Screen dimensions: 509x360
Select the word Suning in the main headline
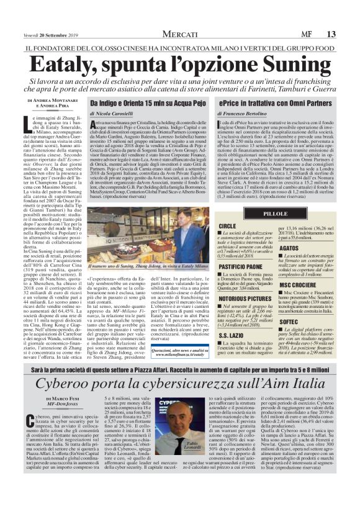coord(289,64)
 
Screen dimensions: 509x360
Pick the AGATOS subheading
coord(289,247)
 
